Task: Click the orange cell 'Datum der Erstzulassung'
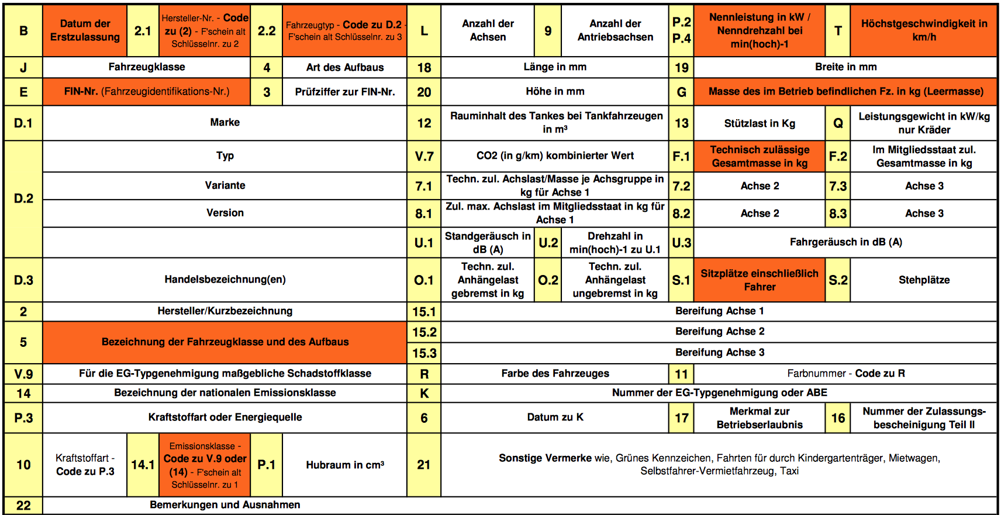(85, 30)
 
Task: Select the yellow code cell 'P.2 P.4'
(681, 30)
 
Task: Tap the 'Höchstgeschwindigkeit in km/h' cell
(924, 30)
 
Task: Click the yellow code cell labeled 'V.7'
(424, 156)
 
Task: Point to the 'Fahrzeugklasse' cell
(147, 67)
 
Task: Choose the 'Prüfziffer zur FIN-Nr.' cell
(345, 92)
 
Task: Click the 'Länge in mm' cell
(555, 67)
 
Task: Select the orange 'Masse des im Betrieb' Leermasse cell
(845, 92)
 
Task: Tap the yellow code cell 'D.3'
(23, 280)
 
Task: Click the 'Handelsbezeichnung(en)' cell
(225, 280)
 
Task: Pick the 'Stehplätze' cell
(924, 280)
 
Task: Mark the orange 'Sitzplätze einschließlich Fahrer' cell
(760, 280)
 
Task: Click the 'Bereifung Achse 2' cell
(719, 332)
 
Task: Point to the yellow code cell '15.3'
(424, 353)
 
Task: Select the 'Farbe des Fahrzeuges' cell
(555, 374)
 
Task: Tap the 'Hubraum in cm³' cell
(345, 465)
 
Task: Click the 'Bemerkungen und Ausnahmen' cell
(225, 505)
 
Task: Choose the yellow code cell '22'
(23, 505)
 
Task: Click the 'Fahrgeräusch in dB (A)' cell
(845, 242)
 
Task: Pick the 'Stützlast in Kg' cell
(760, 123)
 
